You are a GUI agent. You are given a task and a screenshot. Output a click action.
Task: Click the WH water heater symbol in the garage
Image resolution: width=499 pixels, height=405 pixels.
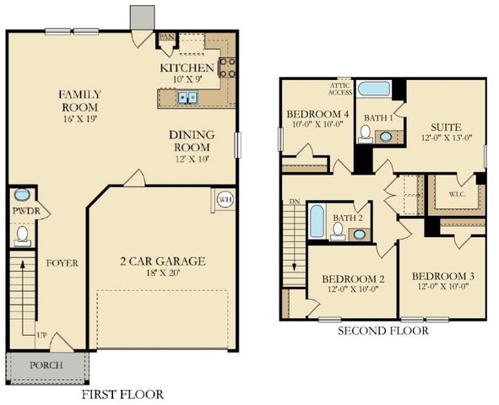(x=225, y=199)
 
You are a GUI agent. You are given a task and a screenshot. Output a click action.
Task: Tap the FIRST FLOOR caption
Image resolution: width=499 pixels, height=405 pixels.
(x=122, y=394)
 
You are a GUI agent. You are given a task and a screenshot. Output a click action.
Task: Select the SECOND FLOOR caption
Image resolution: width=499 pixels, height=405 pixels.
(x=382, y=331)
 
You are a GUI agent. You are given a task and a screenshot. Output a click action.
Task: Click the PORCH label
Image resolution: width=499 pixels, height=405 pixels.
(x=46, y=365)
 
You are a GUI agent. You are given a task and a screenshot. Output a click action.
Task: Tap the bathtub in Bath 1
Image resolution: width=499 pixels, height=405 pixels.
(x=373, y=89)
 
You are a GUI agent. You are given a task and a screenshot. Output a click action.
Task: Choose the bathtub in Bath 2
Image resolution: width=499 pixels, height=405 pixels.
(x=317, y=220)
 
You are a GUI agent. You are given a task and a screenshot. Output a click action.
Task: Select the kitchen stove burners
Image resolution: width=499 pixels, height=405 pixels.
(x=226, y=67)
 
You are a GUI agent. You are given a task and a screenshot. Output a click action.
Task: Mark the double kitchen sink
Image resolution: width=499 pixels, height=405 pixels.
(x=187, y=98)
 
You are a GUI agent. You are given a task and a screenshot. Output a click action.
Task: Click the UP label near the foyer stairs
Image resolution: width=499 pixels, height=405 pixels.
(x=41, y=335)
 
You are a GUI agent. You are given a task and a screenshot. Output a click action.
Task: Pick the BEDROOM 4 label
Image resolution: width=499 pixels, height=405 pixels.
(x=317, y=114)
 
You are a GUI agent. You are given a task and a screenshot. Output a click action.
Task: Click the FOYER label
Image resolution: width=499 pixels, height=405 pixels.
(x=62, y=263)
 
